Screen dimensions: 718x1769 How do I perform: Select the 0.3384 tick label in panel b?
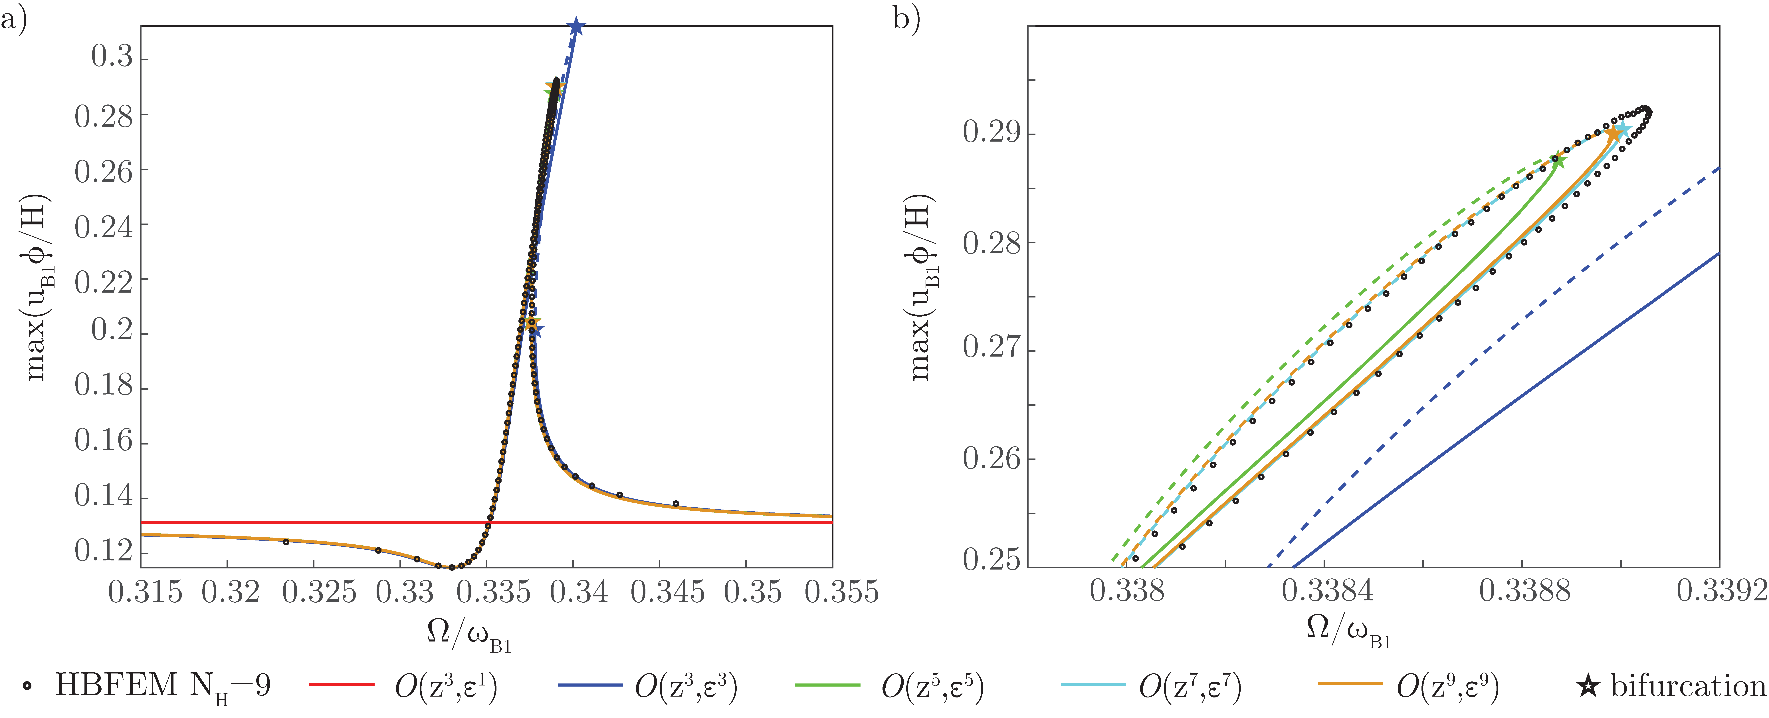tap(1327, 592)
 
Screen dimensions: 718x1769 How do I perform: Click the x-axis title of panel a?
tap(469, 632)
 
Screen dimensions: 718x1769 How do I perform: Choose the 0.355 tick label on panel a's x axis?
tap(841, 592)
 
